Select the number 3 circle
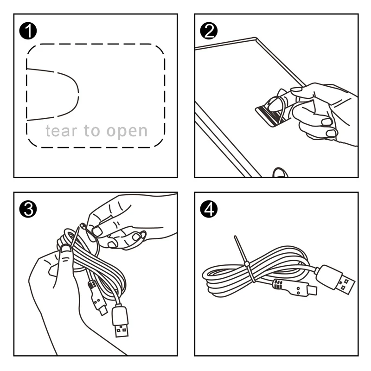point(29,210)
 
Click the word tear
point(62,131)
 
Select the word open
point(127,132)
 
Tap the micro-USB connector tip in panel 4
point(312,293)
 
